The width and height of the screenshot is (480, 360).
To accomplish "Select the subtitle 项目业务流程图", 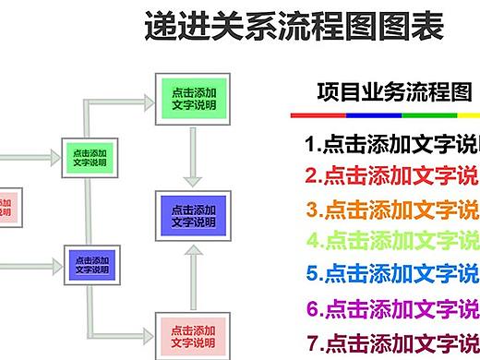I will tap(393, 92).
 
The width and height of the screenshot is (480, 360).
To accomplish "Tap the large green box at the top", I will tap(193, 98).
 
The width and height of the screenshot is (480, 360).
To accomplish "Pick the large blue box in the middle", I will tap(193, 215).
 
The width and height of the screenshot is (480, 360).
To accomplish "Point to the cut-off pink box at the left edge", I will tap(6, 208).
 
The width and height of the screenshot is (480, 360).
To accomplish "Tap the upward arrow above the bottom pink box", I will tap(192, 275).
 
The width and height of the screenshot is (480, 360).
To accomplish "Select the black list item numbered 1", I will tap(391, 145).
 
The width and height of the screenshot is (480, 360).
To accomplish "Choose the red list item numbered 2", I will tap(391, 175).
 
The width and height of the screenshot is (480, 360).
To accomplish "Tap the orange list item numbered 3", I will tap(391, 209).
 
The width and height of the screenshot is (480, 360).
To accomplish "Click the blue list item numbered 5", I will tap(391, 273).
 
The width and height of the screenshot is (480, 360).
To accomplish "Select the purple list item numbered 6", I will tap(391, 308).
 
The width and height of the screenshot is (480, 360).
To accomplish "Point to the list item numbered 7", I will tap(391, 342).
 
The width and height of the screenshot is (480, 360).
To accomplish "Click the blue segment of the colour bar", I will tap(373, 116).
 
